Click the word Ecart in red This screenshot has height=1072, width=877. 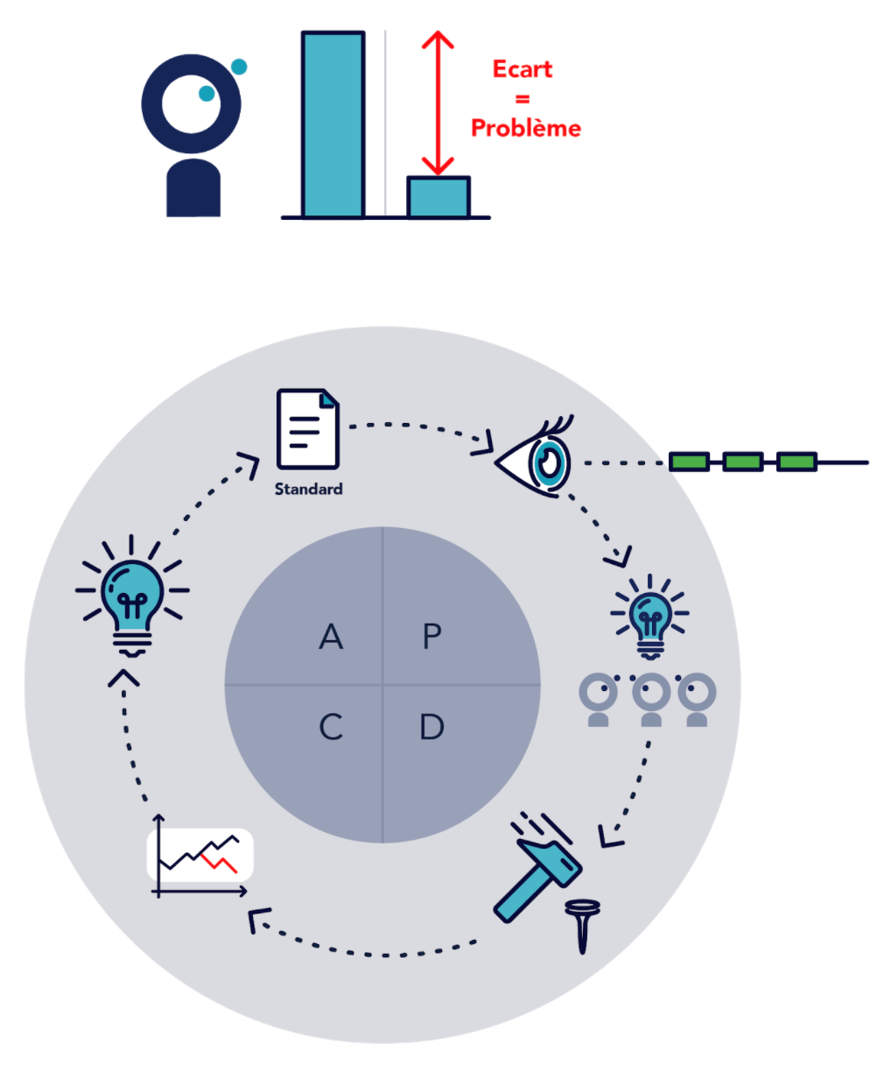pyautogui.click(x=523, y=69)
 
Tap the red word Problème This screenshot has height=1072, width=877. pyautogui.click(x=525, y=128)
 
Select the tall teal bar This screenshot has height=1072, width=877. pyautogui.click(x=333, y=124)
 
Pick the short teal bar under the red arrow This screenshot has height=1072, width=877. pyautogui.click(x=438, y=197)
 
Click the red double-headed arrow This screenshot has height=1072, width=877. pyautogui.click(x=438, y=102)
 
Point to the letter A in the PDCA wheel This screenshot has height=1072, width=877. pyautogui.click(x=331, y=637)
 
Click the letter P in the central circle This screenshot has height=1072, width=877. pyautogui.click(x=431, y=637)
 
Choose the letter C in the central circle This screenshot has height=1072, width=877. pyautogui.click(x=331, y=727)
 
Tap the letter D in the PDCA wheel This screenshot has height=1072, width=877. pyautogui.click(x=431, y=727)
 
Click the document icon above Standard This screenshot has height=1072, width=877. pyautogui.click(x=307, y=430)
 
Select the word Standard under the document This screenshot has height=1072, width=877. pyautogui.click(x=308, y=489)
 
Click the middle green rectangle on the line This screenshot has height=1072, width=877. pyautogui.click(x=742, y=462)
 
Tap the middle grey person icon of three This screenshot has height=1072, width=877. pyautogui.click(x=650, y=700)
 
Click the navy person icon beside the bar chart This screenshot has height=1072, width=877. pyautogui.click(x=192, y=136)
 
